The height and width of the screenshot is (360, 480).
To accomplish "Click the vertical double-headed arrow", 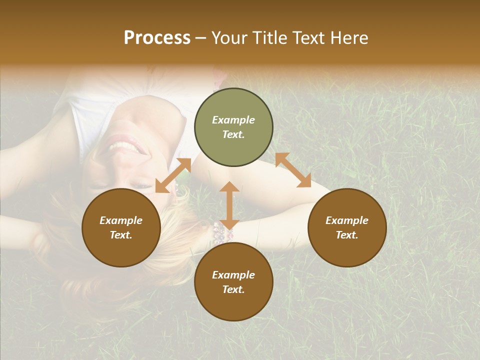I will click(229, 205).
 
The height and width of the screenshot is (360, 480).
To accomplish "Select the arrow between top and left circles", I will click(173, 175).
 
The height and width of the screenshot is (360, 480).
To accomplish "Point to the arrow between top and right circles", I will click(293, 170).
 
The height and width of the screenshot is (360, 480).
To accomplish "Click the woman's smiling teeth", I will click(123, 146).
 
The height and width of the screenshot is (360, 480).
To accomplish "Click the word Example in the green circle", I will click(233, 120).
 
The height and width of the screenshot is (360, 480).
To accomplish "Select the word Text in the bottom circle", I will click(233, 289).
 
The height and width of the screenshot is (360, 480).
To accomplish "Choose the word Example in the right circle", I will click(347, 220).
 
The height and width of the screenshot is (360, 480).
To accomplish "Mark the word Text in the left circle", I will click(121, 235).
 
